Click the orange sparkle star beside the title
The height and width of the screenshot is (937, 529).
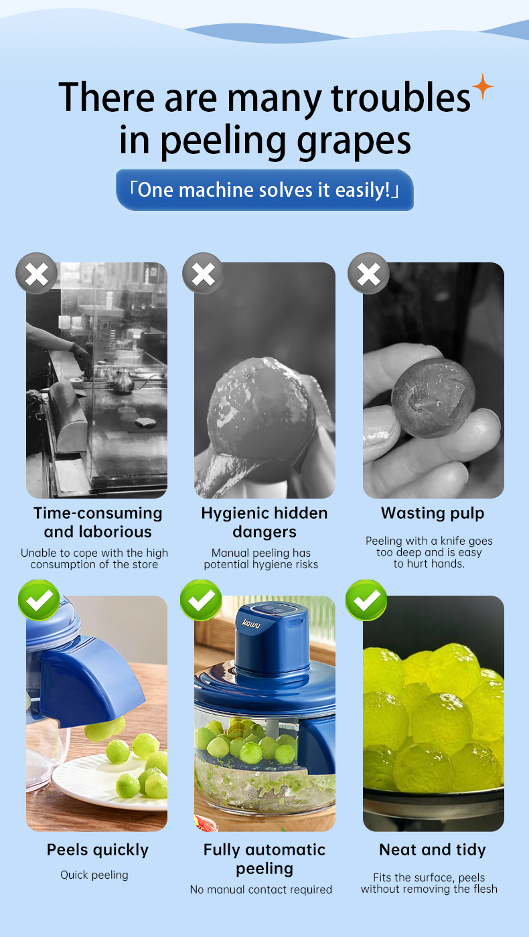point(483,86)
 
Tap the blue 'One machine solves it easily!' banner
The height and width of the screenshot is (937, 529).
point(264,190)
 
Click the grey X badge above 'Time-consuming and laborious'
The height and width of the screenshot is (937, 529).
point(37,274)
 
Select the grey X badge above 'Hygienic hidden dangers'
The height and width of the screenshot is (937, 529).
point(203,274)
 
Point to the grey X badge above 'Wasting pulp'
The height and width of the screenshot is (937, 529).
point(369,274)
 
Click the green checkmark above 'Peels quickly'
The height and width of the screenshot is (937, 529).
point(39,600)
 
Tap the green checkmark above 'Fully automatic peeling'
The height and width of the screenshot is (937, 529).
point(201,600)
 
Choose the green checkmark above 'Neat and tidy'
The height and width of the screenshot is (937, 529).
point(366,600)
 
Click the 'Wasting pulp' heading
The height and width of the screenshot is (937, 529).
point(433,513)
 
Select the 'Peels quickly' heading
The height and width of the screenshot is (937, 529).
point(98,850)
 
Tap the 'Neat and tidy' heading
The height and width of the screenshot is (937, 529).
point(433,849)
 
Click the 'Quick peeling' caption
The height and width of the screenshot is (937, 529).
point(94,875)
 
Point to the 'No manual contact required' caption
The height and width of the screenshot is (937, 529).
point(260,889)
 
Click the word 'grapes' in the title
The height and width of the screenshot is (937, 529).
point(354,141)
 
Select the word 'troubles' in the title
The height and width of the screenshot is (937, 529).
point(400,98)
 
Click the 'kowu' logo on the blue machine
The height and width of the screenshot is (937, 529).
point(251,624)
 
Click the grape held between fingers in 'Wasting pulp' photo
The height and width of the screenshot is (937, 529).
point(433,398)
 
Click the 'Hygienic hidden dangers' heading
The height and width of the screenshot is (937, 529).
point(264,523)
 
